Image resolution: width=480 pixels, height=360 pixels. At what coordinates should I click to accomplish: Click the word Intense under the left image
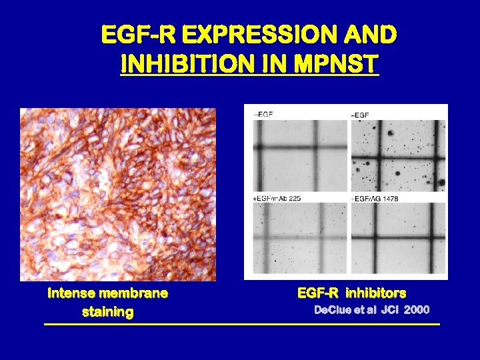click(x=71, y=293)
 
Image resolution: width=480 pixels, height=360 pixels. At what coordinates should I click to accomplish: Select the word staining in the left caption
click(x=107, y=311)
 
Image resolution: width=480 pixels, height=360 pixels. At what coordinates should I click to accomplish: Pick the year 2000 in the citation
click(x=416, y=310)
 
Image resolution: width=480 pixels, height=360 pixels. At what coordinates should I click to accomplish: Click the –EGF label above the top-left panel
click(x=263, y=115)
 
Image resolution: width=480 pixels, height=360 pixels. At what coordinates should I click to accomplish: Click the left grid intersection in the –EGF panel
click(x=260, y=146)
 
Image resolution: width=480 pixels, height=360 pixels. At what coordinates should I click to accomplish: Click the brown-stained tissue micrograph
click(x=118, y=194)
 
